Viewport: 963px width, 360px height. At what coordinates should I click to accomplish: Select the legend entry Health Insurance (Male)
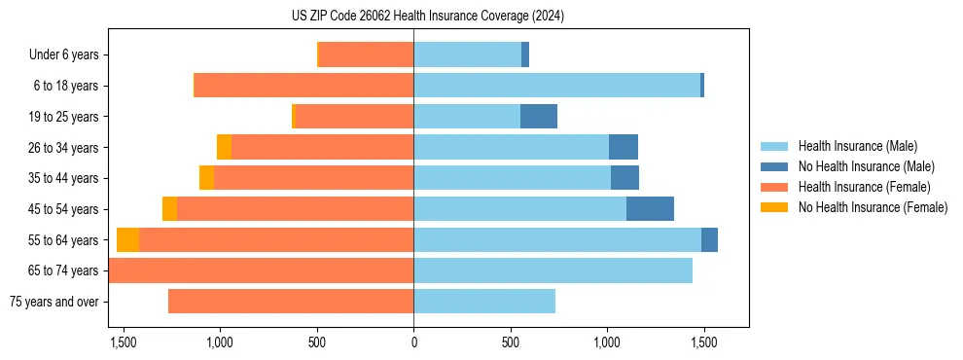856,146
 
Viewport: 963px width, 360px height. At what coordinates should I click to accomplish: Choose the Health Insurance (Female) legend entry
864,187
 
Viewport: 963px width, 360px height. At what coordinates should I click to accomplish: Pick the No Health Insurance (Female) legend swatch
774,207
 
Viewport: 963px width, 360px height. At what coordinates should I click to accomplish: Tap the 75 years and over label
54,302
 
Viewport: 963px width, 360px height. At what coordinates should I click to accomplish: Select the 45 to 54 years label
63,209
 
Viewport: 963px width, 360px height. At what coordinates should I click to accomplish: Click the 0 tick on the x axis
413,342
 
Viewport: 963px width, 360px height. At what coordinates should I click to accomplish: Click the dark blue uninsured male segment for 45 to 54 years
650,209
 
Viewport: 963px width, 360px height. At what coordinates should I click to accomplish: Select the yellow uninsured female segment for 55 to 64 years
127,240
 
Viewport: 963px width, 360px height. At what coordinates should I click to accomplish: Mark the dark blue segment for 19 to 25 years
539,117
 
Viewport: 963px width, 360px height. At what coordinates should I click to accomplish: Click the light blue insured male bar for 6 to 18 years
556,86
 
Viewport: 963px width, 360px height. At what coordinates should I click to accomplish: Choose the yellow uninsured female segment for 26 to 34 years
224,148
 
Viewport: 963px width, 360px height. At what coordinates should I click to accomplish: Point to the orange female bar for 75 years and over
291,302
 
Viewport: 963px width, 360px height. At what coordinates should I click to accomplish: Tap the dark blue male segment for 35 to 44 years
624,178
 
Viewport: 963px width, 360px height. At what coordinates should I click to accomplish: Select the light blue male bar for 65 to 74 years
553,270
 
